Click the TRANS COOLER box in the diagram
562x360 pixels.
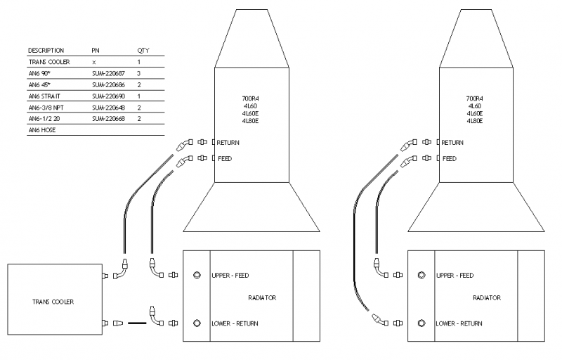click(x=53, y=301)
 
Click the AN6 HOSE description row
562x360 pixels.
click(x=42, y=130)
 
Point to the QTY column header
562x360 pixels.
click(x=143, y=51)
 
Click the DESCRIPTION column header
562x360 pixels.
click(x=46, y=51)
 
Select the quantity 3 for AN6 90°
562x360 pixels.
click(x=139, y=73)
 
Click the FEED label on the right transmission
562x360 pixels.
click(x=450, y=159)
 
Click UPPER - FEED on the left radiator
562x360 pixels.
click(x=230, y=276)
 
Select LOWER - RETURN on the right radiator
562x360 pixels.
click(x=459, y=323)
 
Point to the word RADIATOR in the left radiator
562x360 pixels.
click(x=262, y=298)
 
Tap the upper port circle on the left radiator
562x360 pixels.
click(x=197, y=276)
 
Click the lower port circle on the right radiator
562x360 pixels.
click(x=421, y=323)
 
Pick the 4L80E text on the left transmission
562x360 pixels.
click(x=251, y=122)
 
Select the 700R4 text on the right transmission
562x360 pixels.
click(x=476, y=98)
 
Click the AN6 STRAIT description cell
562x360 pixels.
click(x=43, y=96)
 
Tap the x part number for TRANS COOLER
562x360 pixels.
click(x=93, y=62)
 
